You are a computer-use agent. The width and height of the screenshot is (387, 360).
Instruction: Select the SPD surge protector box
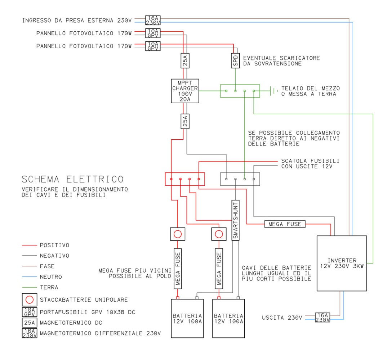coord(235,61)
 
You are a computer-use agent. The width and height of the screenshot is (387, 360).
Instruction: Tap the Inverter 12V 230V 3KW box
coord(341,263)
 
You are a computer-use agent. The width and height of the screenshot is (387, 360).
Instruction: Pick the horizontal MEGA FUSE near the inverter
coord(285,224)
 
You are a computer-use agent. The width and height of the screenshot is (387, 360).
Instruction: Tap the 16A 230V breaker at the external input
coord(152,20)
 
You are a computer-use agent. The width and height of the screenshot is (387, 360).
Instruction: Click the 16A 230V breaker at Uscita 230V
coord(322,317)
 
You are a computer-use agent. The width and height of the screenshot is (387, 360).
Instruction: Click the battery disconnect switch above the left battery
coord(177,234)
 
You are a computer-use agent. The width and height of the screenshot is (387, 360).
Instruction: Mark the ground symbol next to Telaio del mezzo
coord(275,91)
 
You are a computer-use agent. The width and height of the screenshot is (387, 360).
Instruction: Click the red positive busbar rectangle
coord(184,179)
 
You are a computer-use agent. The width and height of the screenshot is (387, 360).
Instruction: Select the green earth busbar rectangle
coord(240,91)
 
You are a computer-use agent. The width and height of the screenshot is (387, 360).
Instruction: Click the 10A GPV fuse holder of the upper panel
coord(152,33)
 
